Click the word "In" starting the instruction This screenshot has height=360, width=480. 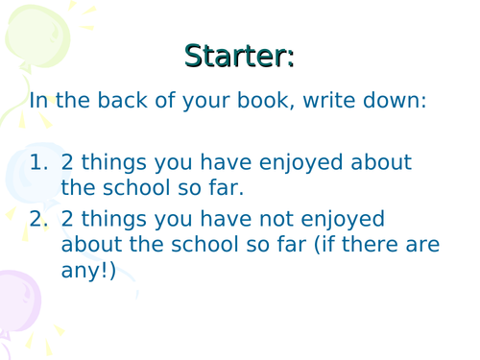click(38, 101)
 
